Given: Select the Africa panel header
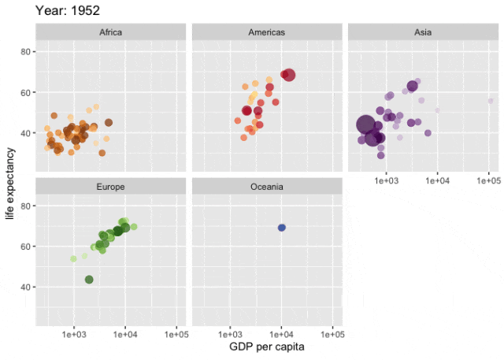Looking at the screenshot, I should tap(110, 32).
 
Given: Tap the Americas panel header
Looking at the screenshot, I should tap(267, 32).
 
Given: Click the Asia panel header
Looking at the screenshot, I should tap(423, 32).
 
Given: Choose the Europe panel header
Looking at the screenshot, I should tap(110, 187).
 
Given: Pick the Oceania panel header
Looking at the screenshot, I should tap(267, 187).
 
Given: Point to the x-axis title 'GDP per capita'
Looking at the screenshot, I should tap(267, 347).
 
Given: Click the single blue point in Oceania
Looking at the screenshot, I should tap(282, 228).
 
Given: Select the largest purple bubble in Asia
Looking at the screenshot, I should tap(365, 124).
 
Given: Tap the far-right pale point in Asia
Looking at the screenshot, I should tap(490, 101).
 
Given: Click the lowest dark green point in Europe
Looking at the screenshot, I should tap(89, 280).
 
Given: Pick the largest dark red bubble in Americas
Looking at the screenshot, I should tap(289, 76).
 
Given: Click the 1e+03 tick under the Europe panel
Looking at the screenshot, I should tap(74, 334).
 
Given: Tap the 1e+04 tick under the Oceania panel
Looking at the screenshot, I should tap(281, 334).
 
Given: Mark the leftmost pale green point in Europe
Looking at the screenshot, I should tap(74, 258).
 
